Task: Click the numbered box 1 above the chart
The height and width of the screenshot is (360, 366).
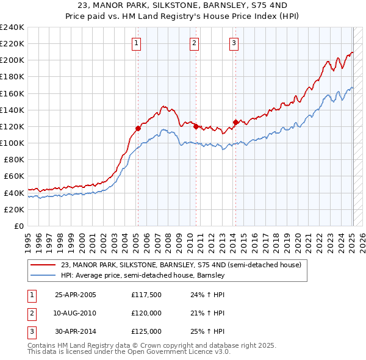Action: click(x=135, y=43)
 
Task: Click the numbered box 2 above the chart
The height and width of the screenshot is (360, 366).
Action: click(x=193, y=43)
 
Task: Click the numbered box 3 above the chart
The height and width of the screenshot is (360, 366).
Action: click(x=234, y=43)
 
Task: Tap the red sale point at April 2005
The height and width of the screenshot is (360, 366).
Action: click(x=138, y=128)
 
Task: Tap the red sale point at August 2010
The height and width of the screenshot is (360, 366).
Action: click(x=196, y=126)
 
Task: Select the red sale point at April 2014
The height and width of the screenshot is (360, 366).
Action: click(x=235, y=122)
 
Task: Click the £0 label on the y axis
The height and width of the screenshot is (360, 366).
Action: click(x=18, y=226)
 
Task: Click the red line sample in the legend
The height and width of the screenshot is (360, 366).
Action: click(x=43, y=265)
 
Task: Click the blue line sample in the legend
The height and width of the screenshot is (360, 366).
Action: click(x=43, y=276)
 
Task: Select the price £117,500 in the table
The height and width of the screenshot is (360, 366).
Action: click(x=146, y=295)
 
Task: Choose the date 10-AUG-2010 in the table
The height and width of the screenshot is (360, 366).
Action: click(x=76, y=313)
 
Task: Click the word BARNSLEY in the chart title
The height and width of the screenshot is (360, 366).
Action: click(x=225, y=6)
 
